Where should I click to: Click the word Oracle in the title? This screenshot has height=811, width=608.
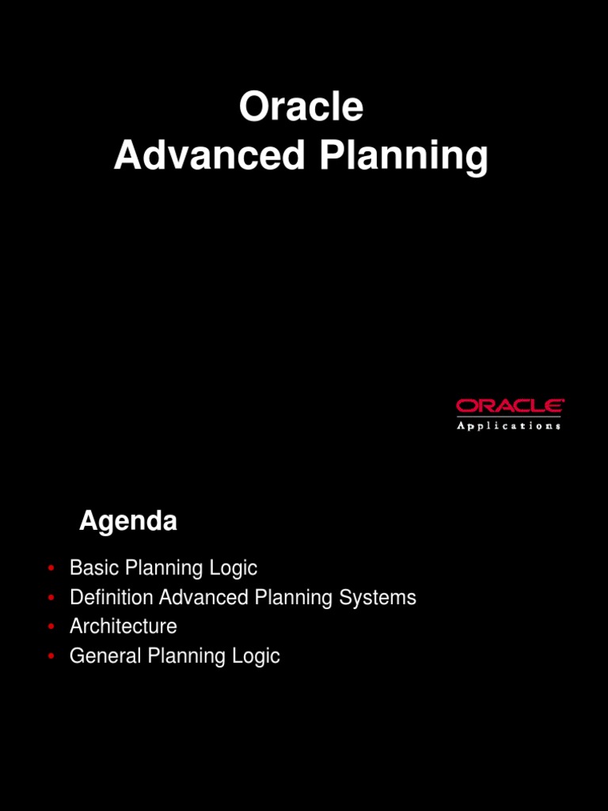coord(301,108)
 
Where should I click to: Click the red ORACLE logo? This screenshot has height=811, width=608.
coord(510,406)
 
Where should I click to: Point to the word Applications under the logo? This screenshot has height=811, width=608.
coord(510,426)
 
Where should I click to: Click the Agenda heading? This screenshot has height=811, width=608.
coord(128,522)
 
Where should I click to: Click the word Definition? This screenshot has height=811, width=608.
coord(112,598)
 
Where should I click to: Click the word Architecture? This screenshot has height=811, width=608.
coord(123,626)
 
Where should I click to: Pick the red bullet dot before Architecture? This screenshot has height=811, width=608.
coord(51,627)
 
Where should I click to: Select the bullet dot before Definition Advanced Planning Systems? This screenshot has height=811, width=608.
coord(51,598)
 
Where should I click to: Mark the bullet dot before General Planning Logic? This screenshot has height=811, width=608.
coord(51,657)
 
